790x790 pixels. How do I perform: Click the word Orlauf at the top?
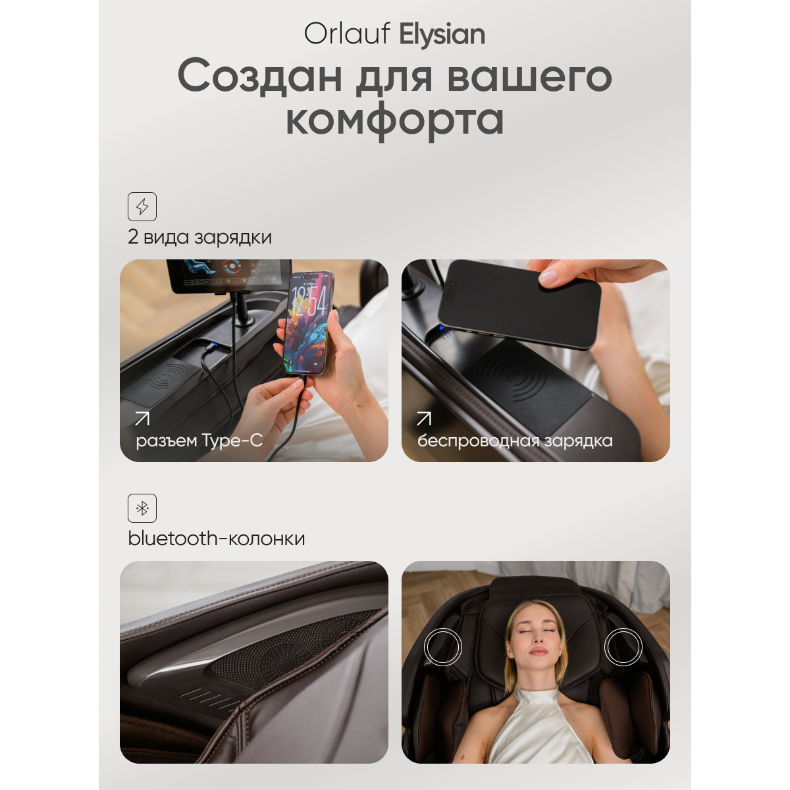coord(346,33)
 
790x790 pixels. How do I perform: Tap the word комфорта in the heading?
coord(394,120)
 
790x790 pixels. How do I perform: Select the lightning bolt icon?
coord(142,207)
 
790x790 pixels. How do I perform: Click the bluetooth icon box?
coord(142,508)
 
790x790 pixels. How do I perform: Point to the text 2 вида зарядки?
coord(199,238)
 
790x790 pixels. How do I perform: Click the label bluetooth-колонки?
coord(217,539)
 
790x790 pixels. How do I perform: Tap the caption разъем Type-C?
coord(199,441)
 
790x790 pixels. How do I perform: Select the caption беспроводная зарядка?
coord(515,441)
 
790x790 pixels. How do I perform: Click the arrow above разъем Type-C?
coord(142,419)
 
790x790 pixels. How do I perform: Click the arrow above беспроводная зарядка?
coord(424,419)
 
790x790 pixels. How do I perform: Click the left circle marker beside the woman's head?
coord(443,647)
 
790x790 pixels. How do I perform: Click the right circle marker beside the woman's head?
coord(623,647)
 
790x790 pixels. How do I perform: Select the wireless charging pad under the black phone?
coord(527,381)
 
